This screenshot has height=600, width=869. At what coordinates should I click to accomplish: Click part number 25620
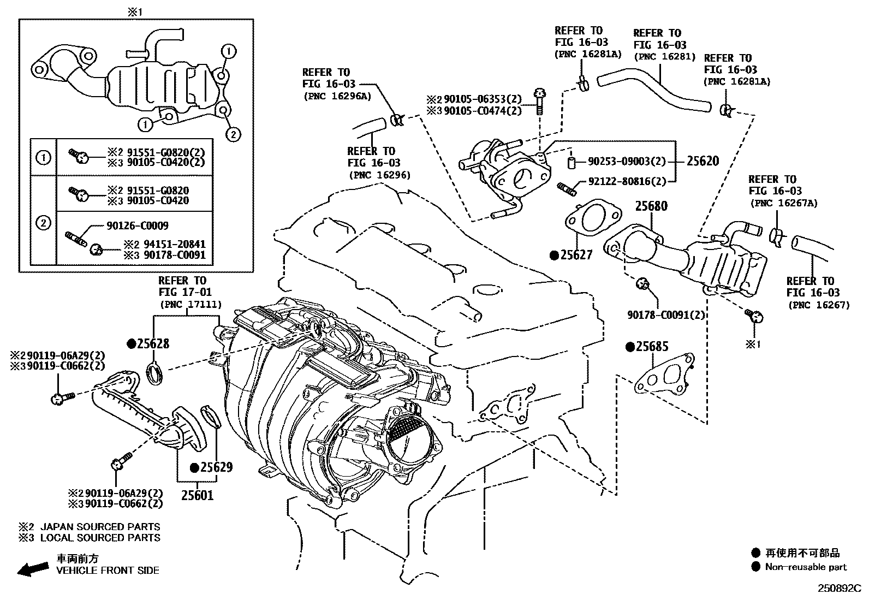point(703,161)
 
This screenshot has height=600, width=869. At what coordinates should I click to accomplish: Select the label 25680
point(651,206)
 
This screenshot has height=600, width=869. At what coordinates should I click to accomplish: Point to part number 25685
point(651,347)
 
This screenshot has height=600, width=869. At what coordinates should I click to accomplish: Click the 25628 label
point(152,343)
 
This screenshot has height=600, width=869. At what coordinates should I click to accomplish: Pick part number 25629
point(215,467)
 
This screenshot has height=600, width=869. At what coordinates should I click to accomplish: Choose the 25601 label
point(197,495)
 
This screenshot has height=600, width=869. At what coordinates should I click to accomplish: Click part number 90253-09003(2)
point(627,162)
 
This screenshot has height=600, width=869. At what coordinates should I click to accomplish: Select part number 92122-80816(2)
point(627,182)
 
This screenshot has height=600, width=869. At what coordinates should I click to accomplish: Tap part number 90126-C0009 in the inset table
point(130,225)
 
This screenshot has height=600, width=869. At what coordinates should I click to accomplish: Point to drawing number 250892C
point(838,589)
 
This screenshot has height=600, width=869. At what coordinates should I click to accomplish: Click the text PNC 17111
point(189,304)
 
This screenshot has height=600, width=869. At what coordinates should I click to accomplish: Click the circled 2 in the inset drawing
point(233,134)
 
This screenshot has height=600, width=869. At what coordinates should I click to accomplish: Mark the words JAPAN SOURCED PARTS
point(100,527)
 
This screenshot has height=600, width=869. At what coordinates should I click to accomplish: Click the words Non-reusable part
point(806,567)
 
